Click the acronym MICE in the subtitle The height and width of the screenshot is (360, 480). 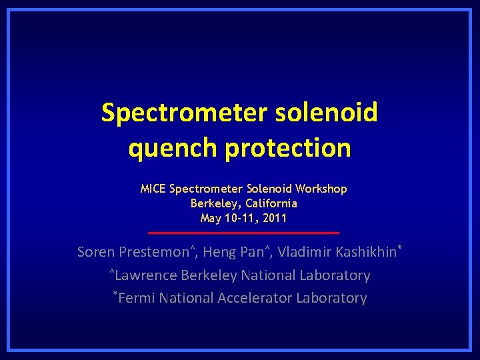click(153, 189)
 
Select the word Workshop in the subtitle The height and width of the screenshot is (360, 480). click(323, 189)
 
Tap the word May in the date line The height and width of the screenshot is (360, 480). click(210, 218)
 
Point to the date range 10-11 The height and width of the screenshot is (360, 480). click(240, 218)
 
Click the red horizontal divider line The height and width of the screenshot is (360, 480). click(243, 233)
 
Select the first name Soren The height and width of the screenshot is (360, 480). click(96, 252)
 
